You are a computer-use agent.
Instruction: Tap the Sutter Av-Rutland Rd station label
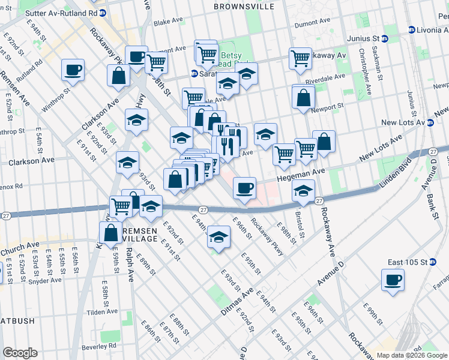point(62,13)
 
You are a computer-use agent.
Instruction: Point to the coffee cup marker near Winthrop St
point(73,70)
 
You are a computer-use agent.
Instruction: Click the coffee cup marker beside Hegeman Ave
point(244,188)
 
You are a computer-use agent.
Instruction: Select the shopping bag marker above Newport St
point(304,97)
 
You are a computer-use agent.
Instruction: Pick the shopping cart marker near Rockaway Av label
point(300,59)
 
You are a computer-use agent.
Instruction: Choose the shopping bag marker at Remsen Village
point(112,233)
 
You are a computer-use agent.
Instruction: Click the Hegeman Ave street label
point(300,173)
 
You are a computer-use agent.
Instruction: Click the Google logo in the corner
point(20,353)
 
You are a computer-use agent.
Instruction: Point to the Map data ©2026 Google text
point(411,355)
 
